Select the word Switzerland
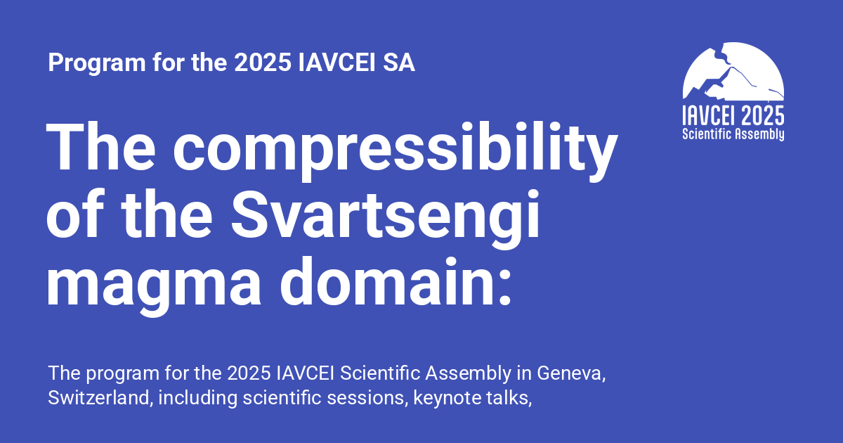coord(99,397)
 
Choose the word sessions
coord(367,397)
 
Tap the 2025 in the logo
coord(763,115)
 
